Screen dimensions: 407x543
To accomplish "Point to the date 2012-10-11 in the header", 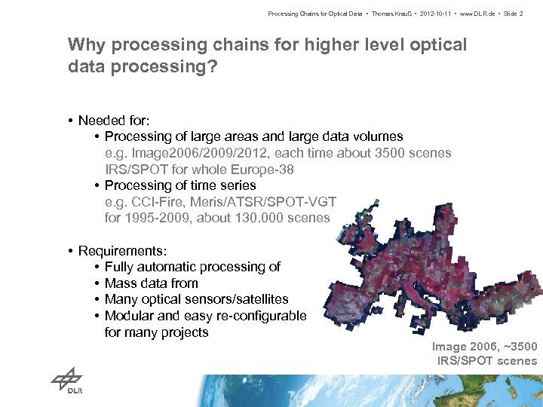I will (422, 14).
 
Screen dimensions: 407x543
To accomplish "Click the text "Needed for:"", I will (113, 121).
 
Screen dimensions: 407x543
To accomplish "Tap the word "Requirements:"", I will (122, 250).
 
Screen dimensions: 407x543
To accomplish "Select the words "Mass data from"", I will (152, 283).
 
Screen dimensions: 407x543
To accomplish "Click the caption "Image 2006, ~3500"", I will (484, 347).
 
